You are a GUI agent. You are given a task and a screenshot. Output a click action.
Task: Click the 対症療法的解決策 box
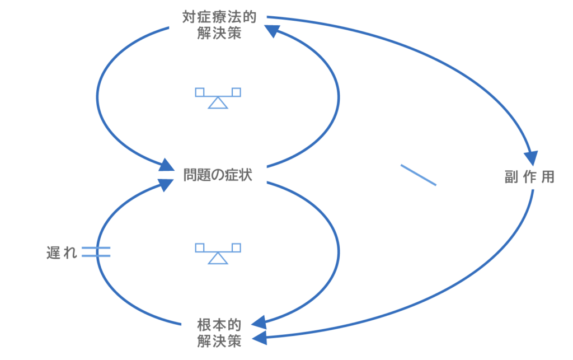click(x=219, y=25)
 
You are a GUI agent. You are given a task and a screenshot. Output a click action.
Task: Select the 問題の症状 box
click(x=218, y=176)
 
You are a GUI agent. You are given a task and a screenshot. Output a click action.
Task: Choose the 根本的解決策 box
click(x=219, y=332)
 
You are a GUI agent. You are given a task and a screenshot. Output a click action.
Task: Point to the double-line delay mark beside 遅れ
click(x=96, y=253)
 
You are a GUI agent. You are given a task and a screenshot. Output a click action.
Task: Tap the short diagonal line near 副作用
click(x=418, y=174)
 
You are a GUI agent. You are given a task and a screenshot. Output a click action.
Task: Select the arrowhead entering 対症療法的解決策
click(x=273, y=33)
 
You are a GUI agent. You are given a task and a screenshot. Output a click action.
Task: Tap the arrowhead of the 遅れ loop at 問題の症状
click(x=166, y=185)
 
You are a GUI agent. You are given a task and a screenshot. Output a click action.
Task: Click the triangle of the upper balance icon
click(x=218, y=102)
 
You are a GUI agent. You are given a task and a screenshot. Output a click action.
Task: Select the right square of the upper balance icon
click(x=236, y=91)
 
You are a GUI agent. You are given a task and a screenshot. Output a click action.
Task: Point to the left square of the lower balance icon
click(x=200, y=247)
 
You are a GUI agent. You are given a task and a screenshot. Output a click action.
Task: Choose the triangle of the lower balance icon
click(x=218, y=258)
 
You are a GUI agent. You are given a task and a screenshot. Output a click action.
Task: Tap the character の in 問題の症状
click(x=218, y=176)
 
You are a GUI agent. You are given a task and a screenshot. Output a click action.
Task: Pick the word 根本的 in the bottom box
click(x=219, y=325)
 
